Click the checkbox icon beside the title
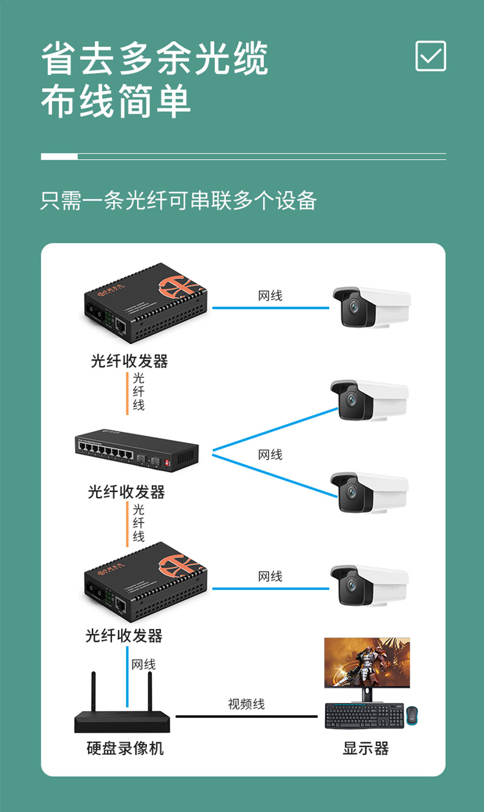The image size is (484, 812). [x=431, y=56]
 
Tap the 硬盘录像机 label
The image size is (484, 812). [x=125, y=749]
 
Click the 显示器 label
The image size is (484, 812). [x=365, y=749]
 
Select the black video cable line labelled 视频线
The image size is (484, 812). [x=246, y=716]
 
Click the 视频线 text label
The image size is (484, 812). [x=246, y=704]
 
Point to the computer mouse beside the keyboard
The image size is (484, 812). [x=412, y=715]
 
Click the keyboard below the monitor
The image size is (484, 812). [x=364, y=716]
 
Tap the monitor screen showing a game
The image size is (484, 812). [x=367, y=663]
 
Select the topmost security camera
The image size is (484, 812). [x=370, y=307]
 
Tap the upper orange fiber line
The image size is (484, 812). [x=127, y=393]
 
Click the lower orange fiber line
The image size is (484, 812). [x=127, y=524]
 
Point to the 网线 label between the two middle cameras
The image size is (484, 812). [x=270, y=455]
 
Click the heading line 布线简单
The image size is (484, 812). [x=116, y=101]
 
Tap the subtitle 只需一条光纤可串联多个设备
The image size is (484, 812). [x=178, y=201]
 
